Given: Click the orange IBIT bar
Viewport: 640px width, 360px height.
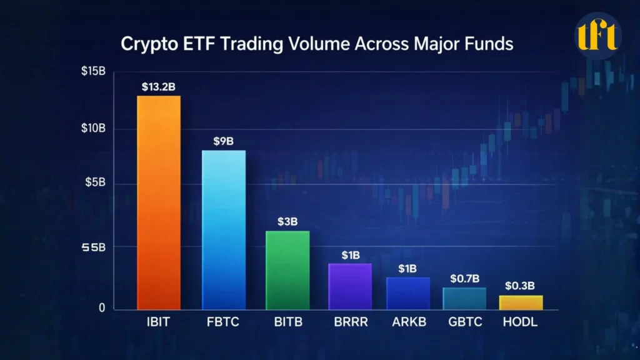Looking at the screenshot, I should click(x=159, y=202).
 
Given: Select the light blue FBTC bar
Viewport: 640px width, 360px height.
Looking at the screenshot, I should click(x=224, y=230).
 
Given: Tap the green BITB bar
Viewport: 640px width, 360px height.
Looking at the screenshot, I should click(x=288, y=270).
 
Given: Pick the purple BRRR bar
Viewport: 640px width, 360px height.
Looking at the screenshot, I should click(x=350, y=286).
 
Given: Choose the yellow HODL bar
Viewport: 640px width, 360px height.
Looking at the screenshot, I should click(x=521, y=302).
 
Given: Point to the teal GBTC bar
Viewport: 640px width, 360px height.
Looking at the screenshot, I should click(x=464, y=298).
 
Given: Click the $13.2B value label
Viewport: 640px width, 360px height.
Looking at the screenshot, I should click(x=159, y=86).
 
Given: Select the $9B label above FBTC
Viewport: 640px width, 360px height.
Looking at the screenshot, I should click(x=223, y=141).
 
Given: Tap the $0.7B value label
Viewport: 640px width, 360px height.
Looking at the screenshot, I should click(x=464, y=278).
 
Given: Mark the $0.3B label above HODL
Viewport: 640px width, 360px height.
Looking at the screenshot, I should click(x=520, y=286).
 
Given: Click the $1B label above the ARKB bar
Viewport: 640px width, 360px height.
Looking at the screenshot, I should click(x=408, y=269).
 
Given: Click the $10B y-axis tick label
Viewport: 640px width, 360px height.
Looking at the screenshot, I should click(x=93, y=129).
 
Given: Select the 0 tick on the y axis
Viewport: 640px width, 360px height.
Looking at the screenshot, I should click(x=101, y=308).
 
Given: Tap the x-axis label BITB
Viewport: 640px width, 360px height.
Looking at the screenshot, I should click(x=288, y=323).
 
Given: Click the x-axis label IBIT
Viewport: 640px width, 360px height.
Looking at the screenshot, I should click(x=159, y=323).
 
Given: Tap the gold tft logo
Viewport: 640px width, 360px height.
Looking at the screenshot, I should click(x=597, y=36).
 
